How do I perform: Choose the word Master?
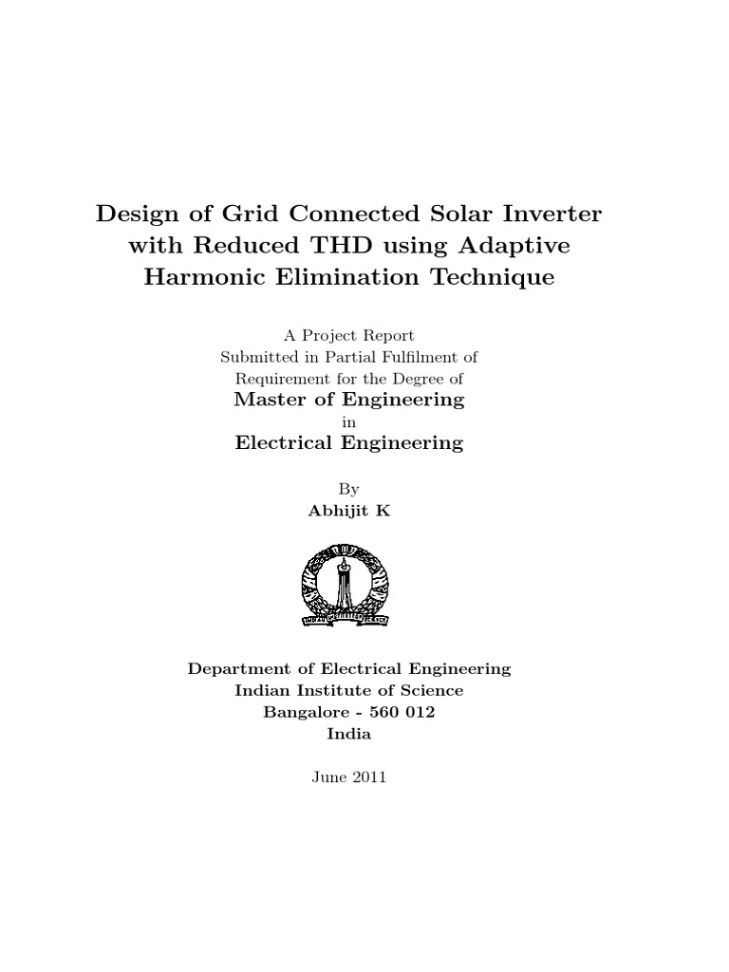[271, 400]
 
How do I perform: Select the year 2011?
[369, 776]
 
